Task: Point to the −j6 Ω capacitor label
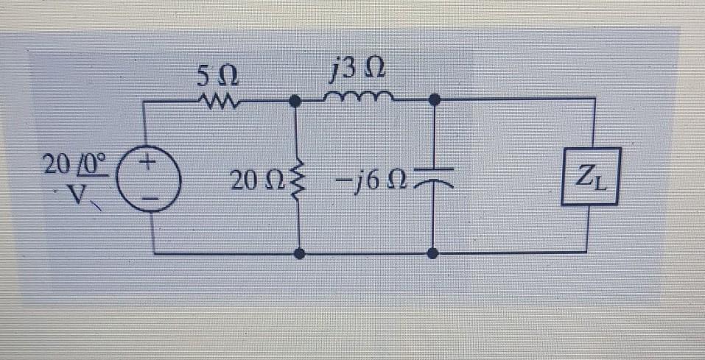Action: pyautogui.click(x=371, y=179)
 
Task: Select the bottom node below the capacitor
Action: pyautogui.click(x=433, y=254)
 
